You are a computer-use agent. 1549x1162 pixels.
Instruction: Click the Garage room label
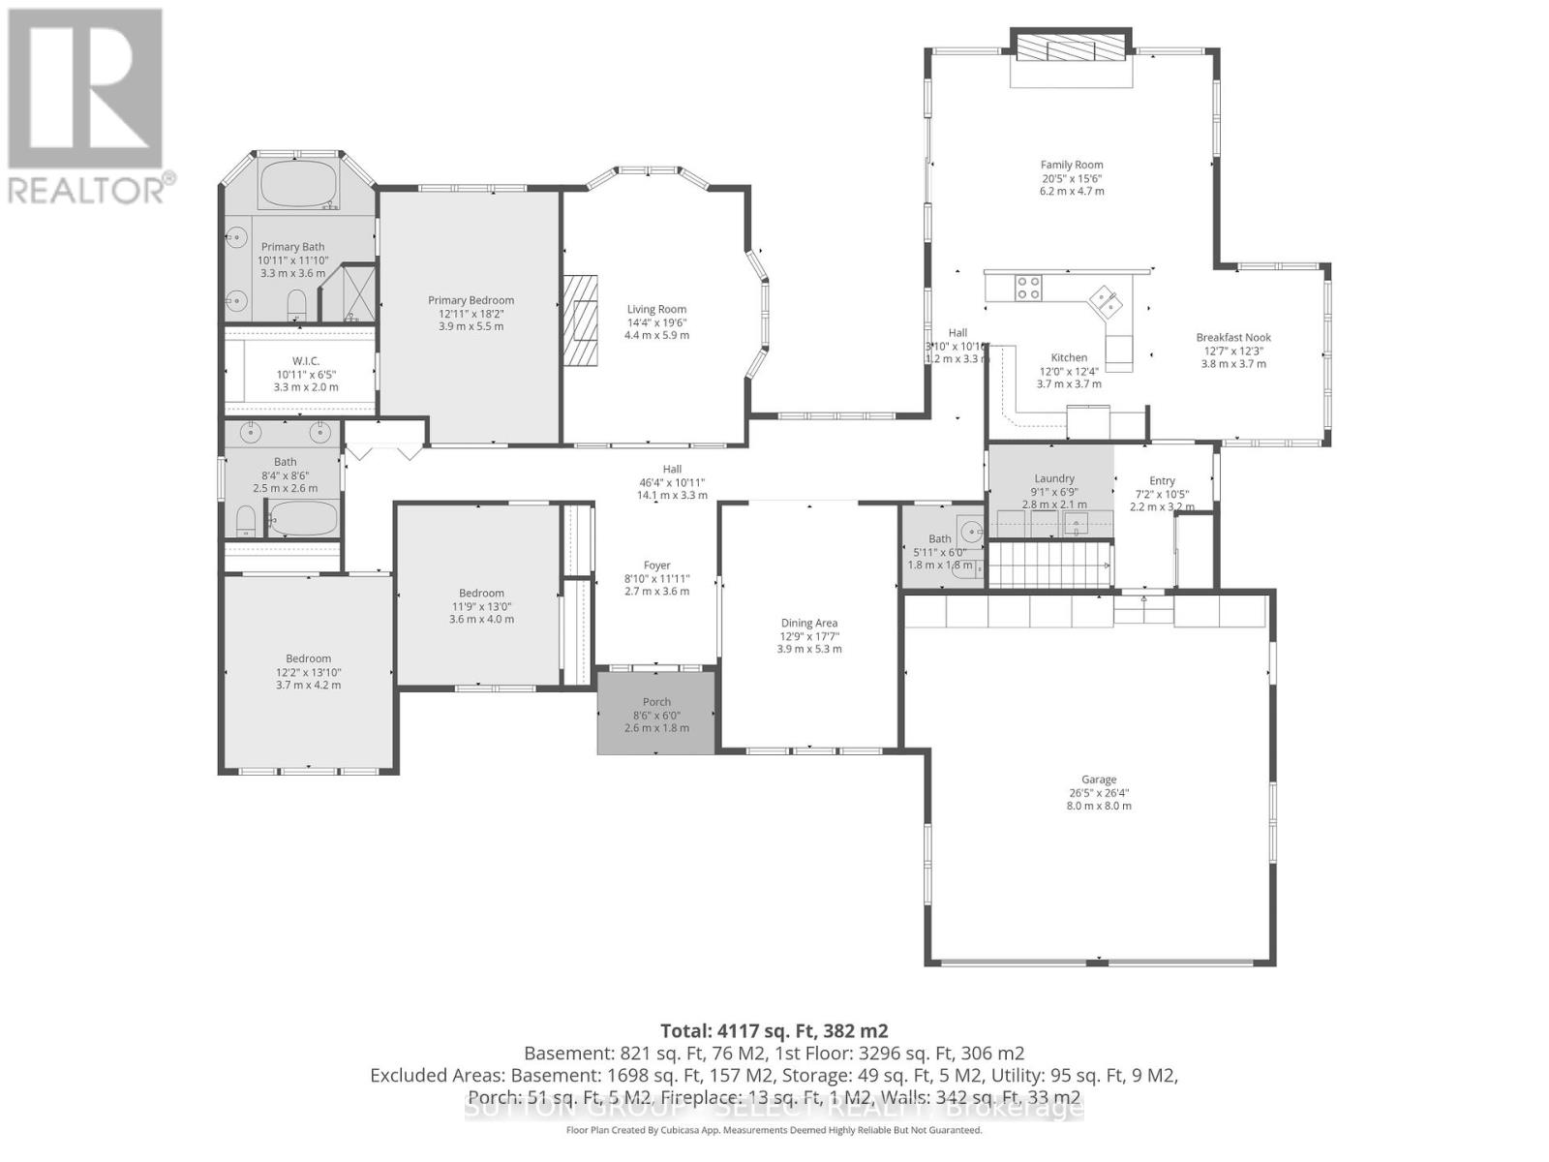click(x=1099, y=780)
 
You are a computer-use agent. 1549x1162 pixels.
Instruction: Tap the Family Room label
click(x=1072, y=166)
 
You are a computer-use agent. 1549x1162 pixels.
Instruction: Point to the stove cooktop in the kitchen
click(x=1028, y=288)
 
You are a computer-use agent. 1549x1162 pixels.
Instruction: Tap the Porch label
click(x=656, y=702)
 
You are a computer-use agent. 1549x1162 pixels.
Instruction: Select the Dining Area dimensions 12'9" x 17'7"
click(x=809, y=636)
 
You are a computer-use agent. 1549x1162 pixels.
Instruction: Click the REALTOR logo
click(x=87, y=107)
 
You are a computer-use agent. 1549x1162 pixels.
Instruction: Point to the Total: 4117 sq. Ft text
click(x=774, y=1030)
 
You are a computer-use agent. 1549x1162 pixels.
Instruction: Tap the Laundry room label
click(x=1054, y=478)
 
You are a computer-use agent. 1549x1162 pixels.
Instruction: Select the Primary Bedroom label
click(x=471, y=300)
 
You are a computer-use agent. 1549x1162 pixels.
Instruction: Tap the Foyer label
click(x=656, y=566)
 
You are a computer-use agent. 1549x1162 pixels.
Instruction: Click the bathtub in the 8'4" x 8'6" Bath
click(x=303, y=519)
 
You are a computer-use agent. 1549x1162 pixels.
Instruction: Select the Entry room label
click(x=1162, y=481)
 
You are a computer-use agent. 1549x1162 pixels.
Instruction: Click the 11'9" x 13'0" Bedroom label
click(x=481, y=594)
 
